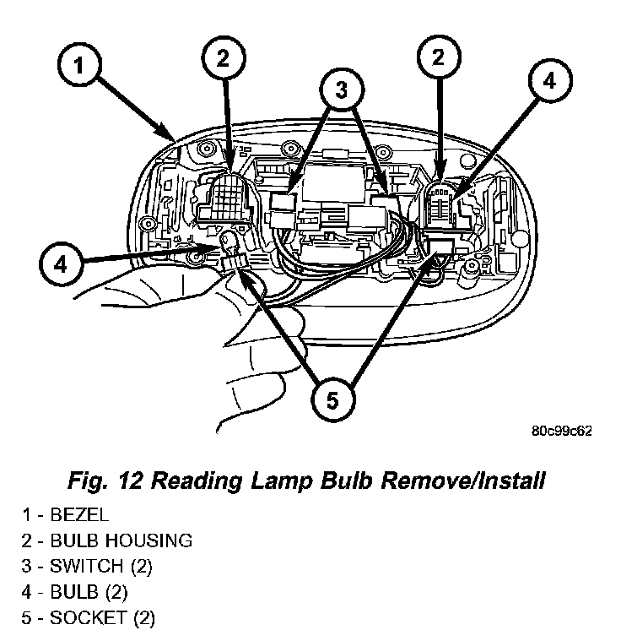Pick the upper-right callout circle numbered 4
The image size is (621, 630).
[x=548, y=81]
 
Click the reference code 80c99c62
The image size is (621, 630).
[x=561, y=431]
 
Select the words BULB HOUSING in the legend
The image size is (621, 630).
[x=121, y=540]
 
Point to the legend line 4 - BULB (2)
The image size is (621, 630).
[x=77, y=591]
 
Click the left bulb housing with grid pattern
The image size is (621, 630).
[x=227, y=202]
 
